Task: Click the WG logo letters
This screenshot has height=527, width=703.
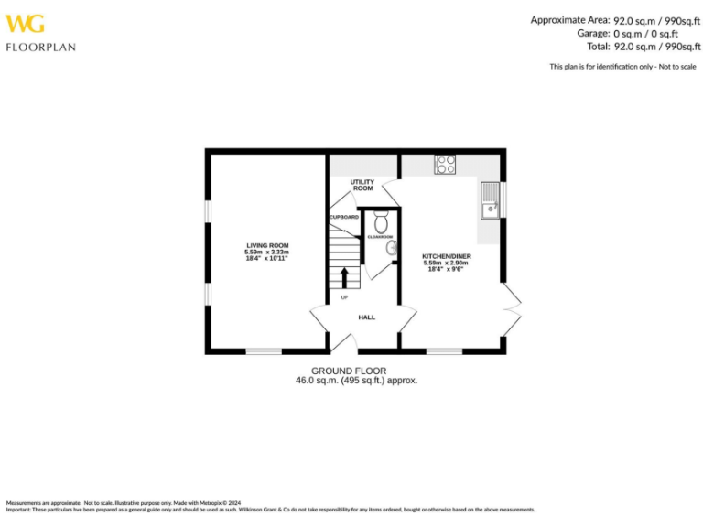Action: click(x=25, y=23)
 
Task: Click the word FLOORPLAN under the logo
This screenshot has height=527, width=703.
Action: click(x=40, y=47)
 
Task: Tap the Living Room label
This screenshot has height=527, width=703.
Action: click(x=267, y=245)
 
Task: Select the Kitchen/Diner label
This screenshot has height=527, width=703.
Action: click(x=447, y=256)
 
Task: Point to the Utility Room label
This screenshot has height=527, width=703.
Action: click(x=362, y=186)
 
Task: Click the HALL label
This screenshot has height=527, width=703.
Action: click(x=366, y=317)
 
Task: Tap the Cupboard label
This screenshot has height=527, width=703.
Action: click(x=344, y=217)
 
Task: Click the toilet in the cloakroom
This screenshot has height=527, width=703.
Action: click(x=382, y=221)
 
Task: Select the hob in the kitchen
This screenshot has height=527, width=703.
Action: click(x=446, y=165)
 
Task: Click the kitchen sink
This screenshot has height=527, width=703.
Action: click(x=490, y=200)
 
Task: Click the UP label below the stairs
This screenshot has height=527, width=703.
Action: click(x=345, y=297)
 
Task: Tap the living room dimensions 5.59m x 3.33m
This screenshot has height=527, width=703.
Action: click(x=267, y=253)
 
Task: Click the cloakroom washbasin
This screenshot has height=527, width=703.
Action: click(x=391, y=246)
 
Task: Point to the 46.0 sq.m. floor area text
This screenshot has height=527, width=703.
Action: click(x=356, y=380)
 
